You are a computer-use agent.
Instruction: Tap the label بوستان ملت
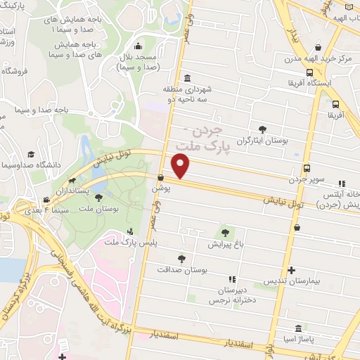point(97,209)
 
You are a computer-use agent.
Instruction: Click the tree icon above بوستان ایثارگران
point(263,129)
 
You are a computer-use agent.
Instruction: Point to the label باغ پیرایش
point(225,245)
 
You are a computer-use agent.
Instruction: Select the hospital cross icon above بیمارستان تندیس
point(291,270)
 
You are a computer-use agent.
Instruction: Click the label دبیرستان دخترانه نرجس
point(229,295)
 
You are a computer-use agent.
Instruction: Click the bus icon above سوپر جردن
point(307,168)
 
